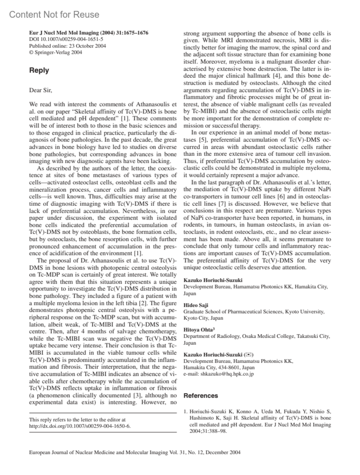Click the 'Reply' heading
click(x=39, y=71)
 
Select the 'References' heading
click(x=201, y=395)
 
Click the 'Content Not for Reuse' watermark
click(x=54, y=15)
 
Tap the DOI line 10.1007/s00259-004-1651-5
click(x=66, y=39)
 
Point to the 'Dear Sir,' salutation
click(x=40, y=90)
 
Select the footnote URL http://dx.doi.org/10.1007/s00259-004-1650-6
click(x=80, y=426)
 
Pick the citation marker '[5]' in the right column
click(x=202, y=140)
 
